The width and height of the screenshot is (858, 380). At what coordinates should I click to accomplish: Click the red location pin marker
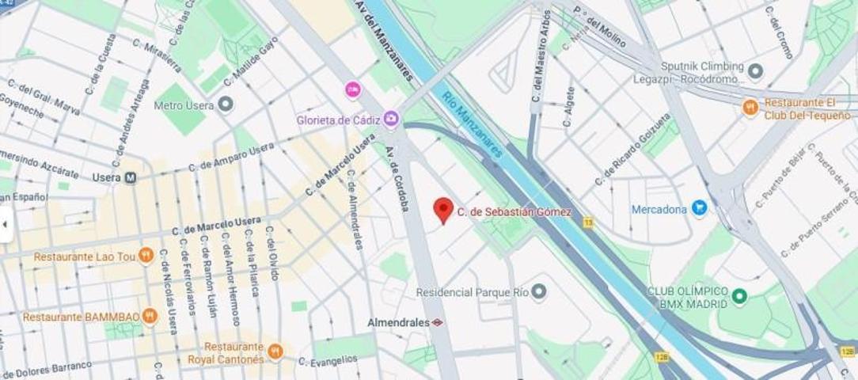click(443, 210)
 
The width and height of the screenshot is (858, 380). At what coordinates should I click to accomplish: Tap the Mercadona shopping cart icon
click(699, 208)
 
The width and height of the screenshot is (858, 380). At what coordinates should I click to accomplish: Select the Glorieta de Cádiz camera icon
click(391, 120)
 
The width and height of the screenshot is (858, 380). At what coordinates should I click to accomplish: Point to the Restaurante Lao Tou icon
click(146, 255)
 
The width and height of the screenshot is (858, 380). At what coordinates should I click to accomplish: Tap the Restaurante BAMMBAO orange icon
click(150, 317)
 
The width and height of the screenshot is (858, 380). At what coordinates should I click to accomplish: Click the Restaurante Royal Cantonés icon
click(275, 351)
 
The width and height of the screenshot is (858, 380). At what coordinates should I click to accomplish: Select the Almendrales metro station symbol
click(437, 322)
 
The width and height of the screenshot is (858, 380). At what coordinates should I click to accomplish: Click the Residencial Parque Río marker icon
click(539, 291)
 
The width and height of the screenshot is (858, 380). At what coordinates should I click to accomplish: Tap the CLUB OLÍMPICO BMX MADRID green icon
click(740, 296)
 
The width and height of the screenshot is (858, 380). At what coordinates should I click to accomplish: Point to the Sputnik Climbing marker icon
click(755, 72)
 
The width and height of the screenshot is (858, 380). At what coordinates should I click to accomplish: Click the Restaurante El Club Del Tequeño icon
click(750, 107)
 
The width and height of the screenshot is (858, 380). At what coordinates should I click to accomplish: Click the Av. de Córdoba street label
click(397, 179)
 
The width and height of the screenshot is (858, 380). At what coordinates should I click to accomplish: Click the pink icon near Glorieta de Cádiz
click(353, 89)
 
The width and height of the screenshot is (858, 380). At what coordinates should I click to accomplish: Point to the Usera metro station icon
click(130, 177)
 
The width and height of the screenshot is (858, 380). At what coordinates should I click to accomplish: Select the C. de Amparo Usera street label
click(232, 157)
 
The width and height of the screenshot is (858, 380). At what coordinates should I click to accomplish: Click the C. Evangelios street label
click(327, 361)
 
